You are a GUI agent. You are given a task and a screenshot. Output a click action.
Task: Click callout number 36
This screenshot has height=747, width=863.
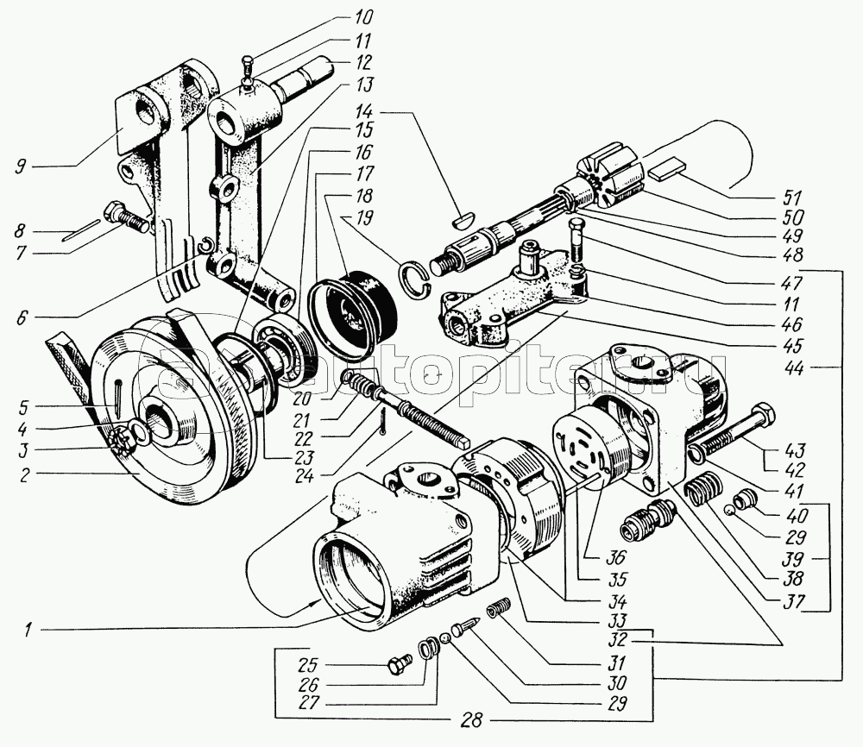click(x=593, y=557)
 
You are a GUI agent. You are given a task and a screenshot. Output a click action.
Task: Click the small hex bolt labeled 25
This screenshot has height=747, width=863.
click(x=398, y=665)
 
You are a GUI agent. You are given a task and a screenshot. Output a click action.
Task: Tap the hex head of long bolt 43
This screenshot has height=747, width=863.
click(x=762, y=416)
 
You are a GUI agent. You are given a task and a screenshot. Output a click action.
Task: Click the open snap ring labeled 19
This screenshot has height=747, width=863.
click(x=413, y=275)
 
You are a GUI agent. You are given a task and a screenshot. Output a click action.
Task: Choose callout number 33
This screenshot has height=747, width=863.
click(x=593, y=620)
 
